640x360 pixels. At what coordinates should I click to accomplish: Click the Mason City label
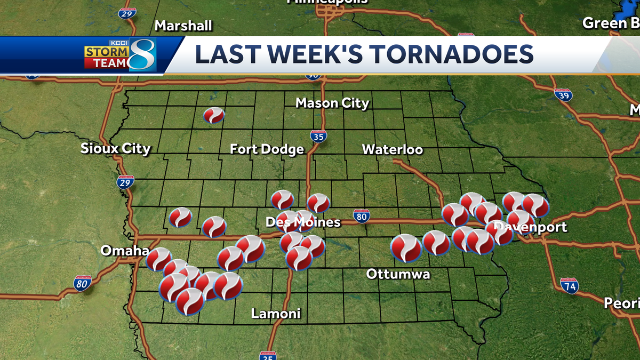332,103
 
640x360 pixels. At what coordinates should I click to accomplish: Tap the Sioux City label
116,149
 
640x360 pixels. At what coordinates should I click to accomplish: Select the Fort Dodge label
267,149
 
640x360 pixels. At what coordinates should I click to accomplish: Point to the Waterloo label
393,149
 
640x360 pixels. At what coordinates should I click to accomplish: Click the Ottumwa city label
398,274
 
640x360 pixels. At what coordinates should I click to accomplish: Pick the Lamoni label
276,314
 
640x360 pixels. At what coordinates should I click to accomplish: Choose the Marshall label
183,25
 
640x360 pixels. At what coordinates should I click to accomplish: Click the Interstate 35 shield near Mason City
318,137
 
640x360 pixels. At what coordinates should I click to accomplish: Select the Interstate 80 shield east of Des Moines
362,216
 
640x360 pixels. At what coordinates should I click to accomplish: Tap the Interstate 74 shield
570,286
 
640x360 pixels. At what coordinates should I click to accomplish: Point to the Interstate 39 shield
563,95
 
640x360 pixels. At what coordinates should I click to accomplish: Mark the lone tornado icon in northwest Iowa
214,115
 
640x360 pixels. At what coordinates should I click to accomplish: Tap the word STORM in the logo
106,52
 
